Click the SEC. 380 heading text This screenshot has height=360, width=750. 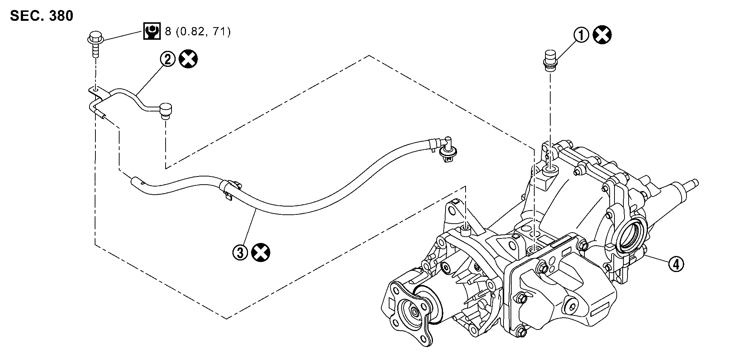coord(42,16)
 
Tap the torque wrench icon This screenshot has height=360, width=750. coord(151,32)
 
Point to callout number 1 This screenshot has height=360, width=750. coord(582,36)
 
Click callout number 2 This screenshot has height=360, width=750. coord(167,59)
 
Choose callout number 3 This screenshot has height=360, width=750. coord(240,253)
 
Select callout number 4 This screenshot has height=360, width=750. coord(675,264)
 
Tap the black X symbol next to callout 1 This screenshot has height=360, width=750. coord(602,36)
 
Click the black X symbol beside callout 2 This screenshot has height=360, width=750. coord(188,59)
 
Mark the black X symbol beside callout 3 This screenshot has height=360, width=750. coord(261,253)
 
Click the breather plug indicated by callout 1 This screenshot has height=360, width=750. coord(549,61)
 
